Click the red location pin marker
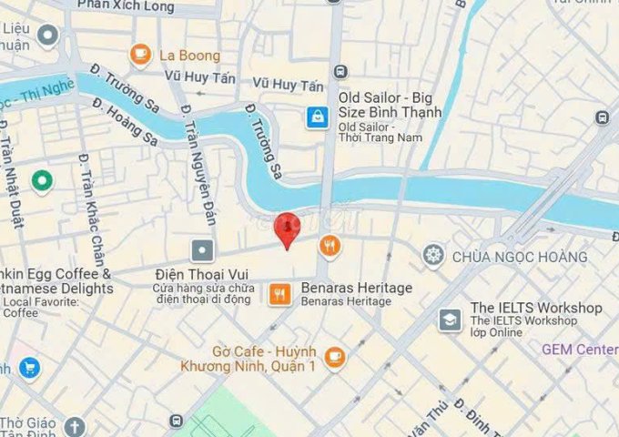click(287, 227)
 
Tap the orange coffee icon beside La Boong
click(140, 55)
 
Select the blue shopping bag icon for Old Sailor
click(317, 117)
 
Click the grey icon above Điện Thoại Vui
click(202, 249)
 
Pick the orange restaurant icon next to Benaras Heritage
click(280, 294)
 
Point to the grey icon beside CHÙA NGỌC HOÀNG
click(433, 254)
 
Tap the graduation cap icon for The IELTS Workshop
click(450, 319)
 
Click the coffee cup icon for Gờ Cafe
click(335, 356)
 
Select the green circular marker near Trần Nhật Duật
click(41, 181)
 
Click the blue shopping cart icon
click(30, 369)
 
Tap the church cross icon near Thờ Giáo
click(74, 426)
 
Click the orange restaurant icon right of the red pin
click(330, 243)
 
